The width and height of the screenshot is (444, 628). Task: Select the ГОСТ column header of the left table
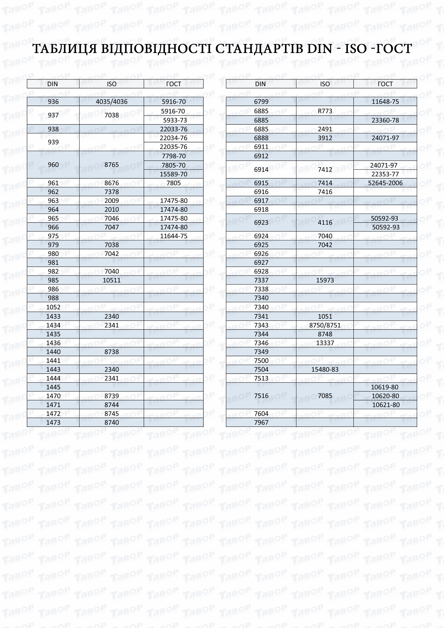(173, 84)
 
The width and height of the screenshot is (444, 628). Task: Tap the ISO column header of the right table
(325, 84)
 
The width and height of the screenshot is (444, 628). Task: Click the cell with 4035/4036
(112, 102)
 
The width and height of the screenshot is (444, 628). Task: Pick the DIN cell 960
(53, 165)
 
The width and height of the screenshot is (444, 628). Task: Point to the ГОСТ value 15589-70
(173, 174)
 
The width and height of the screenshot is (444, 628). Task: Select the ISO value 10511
(112, 280)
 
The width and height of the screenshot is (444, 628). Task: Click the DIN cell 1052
(53, 307)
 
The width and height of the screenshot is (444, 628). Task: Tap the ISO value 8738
(112, 352)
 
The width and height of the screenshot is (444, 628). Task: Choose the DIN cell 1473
(53, 423)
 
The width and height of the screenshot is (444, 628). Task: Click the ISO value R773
(325, 111)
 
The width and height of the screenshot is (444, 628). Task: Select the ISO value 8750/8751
(325, 325)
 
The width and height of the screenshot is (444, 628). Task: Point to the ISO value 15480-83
(325, 369)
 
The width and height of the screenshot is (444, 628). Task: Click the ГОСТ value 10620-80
(385, 396)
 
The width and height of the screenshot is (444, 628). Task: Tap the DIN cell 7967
(261, 423)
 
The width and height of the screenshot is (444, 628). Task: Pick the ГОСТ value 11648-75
(385, 102)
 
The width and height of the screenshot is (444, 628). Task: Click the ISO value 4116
(325, 223)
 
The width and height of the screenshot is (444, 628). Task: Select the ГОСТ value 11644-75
(173, 236)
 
